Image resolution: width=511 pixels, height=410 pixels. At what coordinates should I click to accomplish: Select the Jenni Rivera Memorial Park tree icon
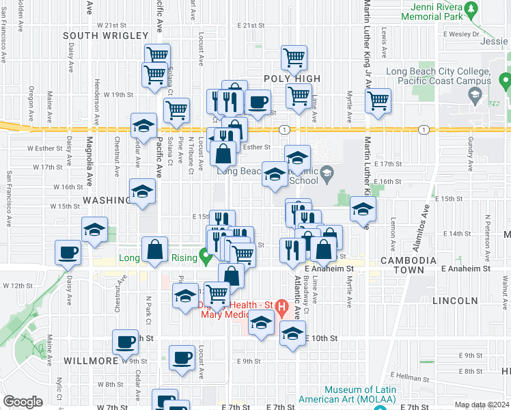(471, 10)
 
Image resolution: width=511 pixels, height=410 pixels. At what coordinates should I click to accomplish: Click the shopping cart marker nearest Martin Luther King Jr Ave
(378, 100)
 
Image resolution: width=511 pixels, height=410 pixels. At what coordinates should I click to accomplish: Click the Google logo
(23, 402)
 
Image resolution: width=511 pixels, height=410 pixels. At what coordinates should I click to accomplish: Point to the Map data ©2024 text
(482, 405)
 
